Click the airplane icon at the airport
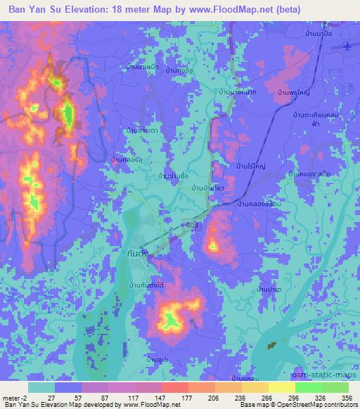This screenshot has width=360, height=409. (349, 46)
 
